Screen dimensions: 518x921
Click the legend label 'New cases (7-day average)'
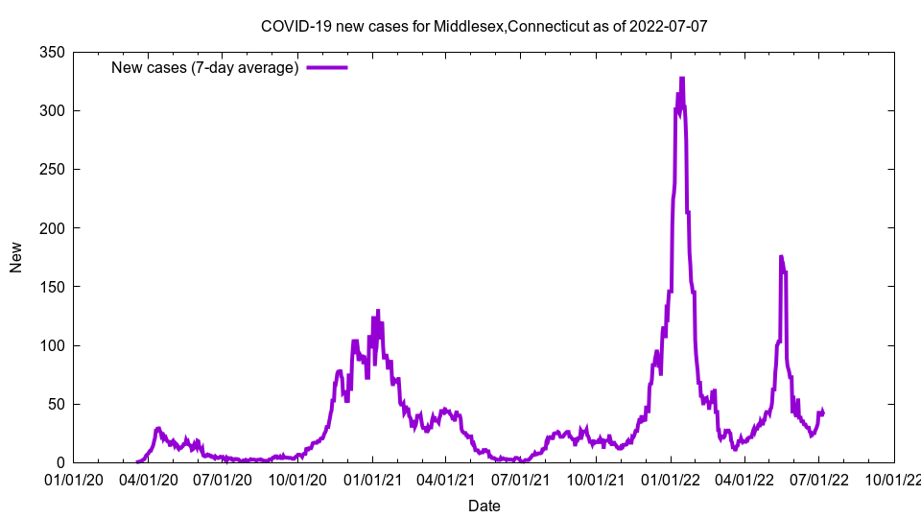pyautogui.click(x=205, y=67)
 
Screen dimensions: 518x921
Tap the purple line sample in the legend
pyautogui.click(x=327, y=67)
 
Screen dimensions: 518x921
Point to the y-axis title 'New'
pyautogui.click(x=16, y=257)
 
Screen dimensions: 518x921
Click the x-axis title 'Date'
pyautogui.click(x=484, y=505)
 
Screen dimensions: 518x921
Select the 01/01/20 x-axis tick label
pyautogui.click(x=73, y=479)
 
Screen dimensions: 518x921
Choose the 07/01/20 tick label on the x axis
pyautogui.click(x=223, y=479)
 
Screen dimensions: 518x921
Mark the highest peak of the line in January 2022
pyautogui.click(x=682, y=79)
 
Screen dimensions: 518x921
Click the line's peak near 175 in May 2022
pyautogui.click(x=781, y=257)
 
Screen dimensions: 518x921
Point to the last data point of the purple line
pyautogui.click(x=823, y=413)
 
